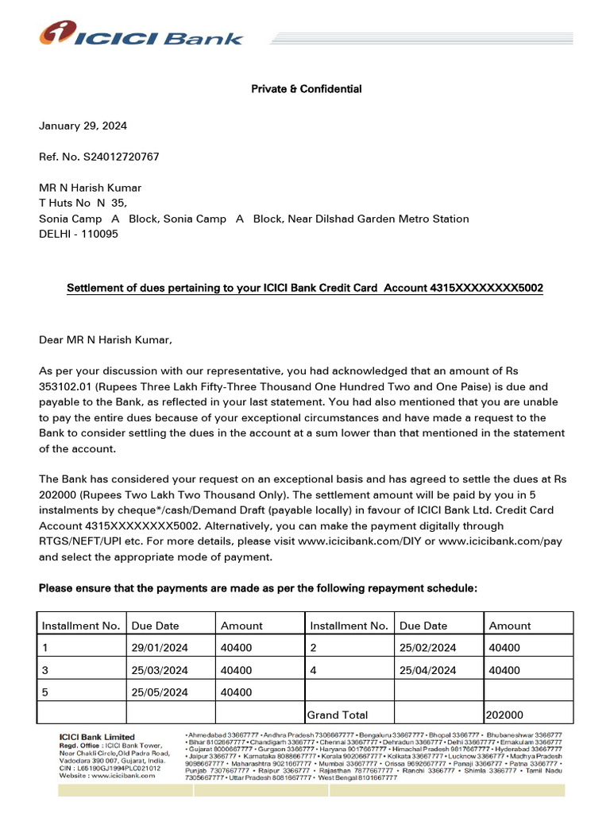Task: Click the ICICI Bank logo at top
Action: coord(141,35)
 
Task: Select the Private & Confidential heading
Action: coord(306,89)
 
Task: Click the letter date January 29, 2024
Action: coord(83,126)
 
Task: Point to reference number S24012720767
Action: coord(120,157)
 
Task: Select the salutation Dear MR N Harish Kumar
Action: coord(105,340)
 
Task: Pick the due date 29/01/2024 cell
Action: coord(160,648)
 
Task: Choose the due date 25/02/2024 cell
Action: coord(428,648)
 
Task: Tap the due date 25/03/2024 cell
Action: coord(160,670)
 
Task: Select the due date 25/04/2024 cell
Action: coord(428,670)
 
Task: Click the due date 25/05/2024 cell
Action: coord(160,692)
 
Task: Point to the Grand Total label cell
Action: coord(338,715)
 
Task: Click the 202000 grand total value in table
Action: coord(507,715)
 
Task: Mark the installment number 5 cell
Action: coord(45,692)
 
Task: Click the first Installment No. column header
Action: coord(81,626)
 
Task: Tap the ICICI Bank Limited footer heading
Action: coord(98,737)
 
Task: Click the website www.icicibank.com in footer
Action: coord(107,777)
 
